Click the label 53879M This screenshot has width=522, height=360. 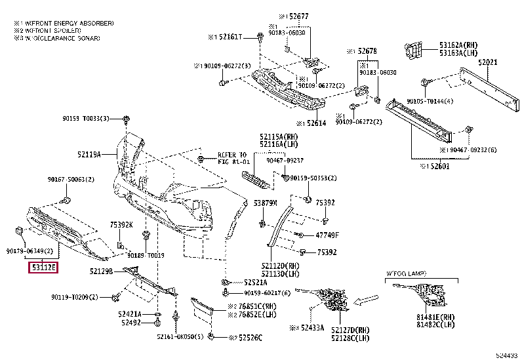point(266,203)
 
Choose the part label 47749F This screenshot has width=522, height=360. point(327,234)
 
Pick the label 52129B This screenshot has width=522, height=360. point(102,270)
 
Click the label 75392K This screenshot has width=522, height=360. point(121,224)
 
